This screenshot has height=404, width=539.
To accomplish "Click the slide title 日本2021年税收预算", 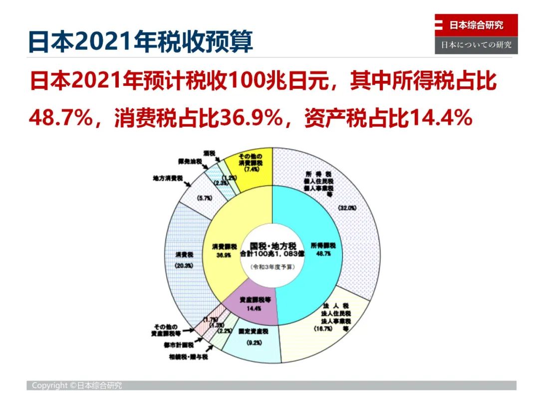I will (x=140, y=42).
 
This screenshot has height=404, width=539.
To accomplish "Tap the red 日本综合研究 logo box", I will (x=476, y=25).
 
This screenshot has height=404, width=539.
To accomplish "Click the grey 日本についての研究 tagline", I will (x=476, y=45).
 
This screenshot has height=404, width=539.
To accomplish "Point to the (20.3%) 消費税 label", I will (x=184, y=266).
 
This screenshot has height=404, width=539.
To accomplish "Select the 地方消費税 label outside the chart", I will (x=168, y=178).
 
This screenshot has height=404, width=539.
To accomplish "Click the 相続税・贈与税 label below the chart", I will (x=188, y=357).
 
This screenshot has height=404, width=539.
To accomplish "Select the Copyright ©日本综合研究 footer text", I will (x=77, y=386).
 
